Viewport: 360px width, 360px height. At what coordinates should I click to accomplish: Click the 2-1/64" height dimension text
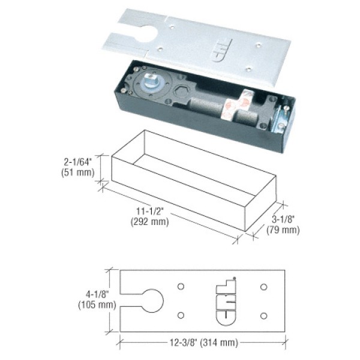point(79,161)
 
